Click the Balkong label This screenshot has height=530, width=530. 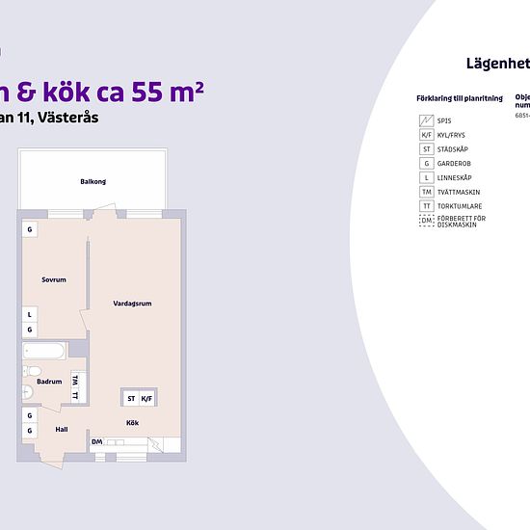click(93, 181)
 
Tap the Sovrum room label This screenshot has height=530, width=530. click(53, 279)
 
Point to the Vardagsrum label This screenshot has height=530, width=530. click(132, 304)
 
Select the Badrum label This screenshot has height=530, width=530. click(49, 382)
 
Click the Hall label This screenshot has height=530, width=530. click(61, 430)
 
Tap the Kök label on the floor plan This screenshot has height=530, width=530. click(132, 422)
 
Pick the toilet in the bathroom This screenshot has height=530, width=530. click(35, 371)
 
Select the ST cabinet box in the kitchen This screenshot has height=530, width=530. click(131, 398)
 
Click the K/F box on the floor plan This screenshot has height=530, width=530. click(146, 398)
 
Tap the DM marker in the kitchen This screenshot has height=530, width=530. click(96, 442)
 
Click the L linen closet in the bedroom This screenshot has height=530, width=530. click(30, 314)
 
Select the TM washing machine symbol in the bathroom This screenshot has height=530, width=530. click(75, 381)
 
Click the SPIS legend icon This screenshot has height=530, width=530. click(425, 120)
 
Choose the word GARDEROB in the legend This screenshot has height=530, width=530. click(454, 164)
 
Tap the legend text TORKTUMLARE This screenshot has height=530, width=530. click(458, 206)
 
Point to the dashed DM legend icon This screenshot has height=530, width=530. click(425, 222)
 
